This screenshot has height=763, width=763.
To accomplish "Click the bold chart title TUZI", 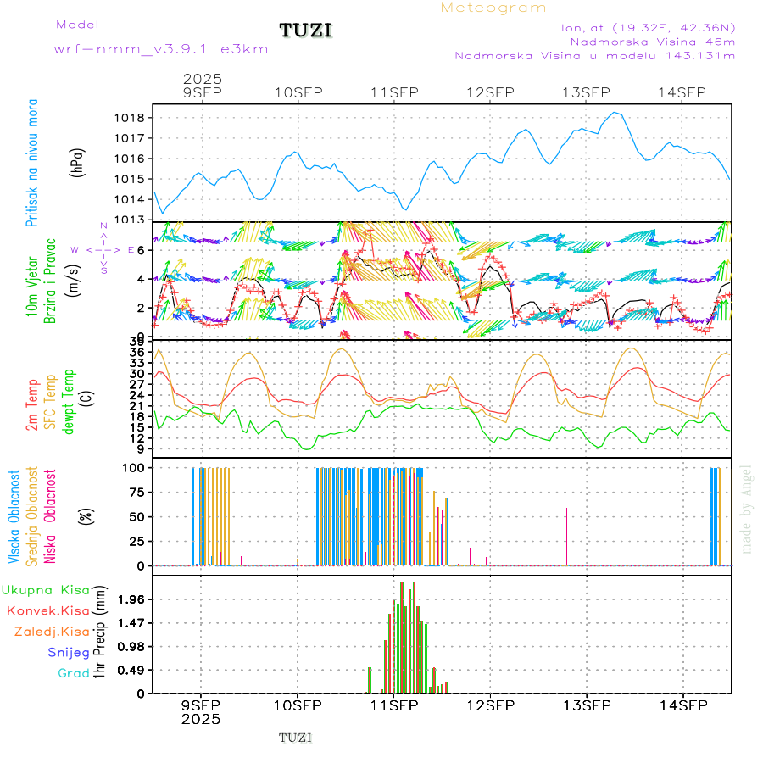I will pos(305,31).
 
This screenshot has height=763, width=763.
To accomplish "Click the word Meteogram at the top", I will pos(493,8).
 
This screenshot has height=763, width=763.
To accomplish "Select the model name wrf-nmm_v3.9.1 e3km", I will pos(161,49).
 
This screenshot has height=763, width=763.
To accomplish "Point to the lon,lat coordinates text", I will pos(648,27).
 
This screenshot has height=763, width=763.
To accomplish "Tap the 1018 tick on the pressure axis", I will pos(134,118).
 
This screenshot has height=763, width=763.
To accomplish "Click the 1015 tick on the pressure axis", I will pos(134,179).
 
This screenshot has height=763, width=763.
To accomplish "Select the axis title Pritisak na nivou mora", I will pos(32,164).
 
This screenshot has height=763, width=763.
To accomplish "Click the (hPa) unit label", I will pos(78,162).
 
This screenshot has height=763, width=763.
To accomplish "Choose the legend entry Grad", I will pos(73,673).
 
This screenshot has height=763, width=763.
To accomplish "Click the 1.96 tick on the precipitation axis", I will pos(132,599).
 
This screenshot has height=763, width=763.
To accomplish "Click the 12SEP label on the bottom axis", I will pos(489,705).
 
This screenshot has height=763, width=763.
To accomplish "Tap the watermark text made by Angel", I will pos(747,509).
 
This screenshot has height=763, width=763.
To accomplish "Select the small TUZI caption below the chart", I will pos(295,738).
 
